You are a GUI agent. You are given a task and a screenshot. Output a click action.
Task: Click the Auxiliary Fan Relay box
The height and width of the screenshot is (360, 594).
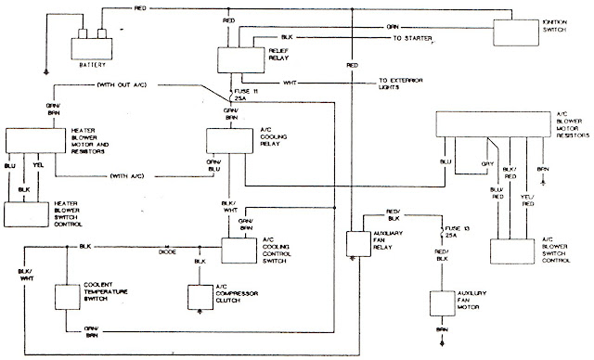[358, 241]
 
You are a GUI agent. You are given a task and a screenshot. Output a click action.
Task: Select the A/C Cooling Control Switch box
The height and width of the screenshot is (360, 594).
[239, 250]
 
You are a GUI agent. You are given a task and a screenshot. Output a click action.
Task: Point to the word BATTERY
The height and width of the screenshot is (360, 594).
[90, 66]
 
